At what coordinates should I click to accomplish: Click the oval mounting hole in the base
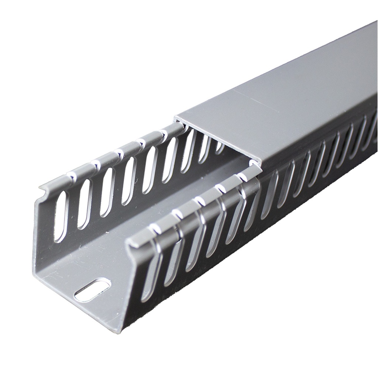click(x=92, y=290)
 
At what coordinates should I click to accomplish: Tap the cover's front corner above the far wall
click(x=176, y=117)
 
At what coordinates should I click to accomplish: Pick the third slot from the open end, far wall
click(x=107, y=192)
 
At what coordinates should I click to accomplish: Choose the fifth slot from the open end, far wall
click(x=150, y=170)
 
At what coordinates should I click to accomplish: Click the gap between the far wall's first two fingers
click(x=72, y=178)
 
